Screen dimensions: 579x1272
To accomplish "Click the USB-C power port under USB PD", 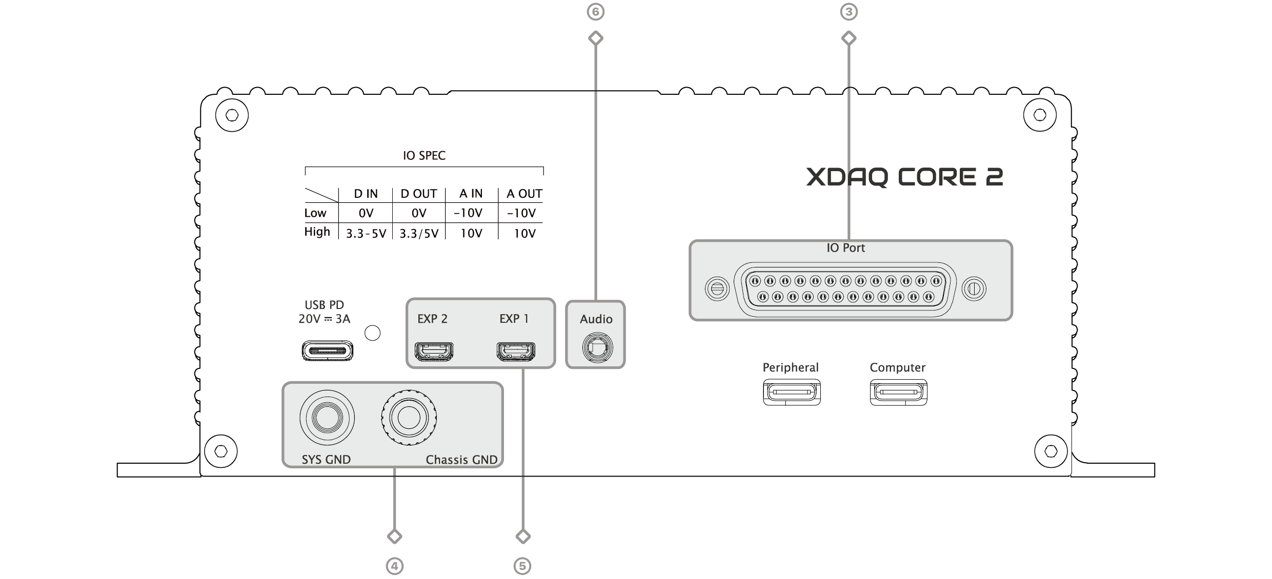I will [327, 351].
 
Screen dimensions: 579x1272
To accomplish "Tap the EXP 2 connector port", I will [434, 351].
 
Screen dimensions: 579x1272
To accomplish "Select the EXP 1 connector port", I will [515, 351].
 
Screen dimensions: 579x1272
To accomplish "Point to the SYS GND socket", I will [327, 418].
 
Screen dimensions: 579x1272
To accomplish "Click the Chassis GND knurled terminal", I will [409, 419].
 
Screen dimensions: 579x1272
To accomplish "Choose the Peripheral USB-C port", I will [792, 393].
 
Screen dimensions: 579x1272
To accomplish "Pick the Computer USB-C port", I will [898, 393].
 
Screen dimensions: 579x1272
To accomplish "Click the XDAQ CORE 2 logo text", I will [904, 177].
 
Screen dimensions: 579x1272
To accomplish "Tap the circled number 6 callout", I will [595, 12].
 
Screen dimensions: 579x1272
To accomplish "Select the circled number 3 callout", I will [849, 12].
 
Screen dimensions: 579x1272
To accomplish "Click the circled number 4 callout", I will [394, 566].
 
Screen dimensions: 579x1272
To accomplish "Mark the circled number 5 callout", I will [522, 566].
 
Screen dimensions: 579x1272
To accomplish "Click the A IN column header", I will [471, 194].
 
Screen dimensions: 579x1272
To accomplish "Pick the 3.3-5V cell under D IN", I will [366, 234].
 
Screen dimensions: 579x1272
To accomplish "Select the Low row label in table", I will [315, 213].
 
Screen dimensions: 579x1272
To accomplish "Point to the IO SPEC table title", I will [424, 156].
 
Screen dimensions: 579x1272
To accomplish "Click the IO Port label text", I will [845, 248].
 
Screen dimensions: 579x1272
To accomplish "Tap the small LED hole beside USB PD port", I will [372, 333].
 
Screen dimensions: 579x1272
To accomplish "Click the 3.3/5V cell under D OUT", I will [419, 234].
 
